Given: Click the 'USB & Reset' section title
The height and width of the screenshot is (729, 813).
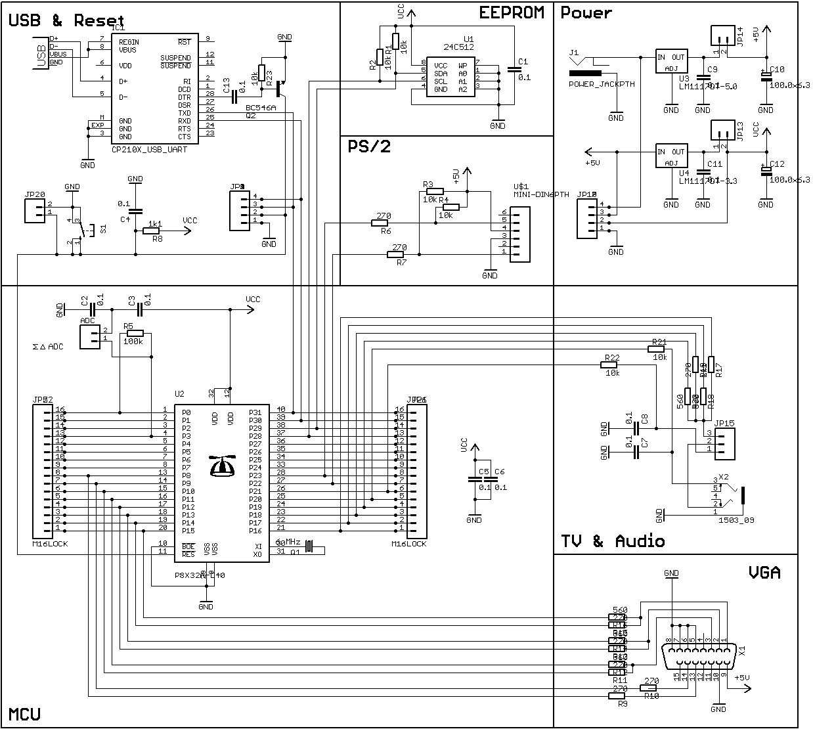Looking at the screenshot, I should (x=66, y=20).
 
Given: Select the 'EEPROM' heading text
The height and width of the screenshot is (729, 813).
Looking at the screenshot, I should (x=512, y=13).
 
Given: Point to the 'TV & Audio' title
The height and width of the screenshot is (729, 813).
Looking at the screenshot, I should (x=612, y=541).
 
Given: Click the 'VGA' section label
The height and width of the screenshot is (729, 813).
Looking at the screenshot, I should (x=764, y=573).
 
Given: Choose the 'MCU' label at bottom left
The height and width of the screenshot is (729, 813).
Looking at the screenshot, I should (x=25, y=714).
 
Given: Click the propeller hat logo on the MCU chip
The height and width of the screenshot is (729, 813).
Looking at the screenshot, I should (x=222, y=466).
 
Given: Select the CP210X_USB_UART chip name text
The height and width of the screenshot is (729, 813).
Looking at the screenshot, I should (x=149, y=150).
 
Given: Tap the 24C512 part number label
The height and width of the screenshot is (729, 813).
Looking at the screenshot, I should (x=458, y=47).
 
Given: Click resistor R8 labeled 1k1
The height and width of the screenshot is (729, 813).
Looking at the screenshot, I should (x=152, y=231).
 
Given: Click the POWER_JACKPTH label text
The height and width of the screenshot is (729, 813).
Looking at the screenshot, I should (x=601, y=84).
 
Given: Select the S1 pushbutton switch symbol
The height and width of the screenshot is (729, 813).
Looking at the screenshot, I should (x=81, y=230).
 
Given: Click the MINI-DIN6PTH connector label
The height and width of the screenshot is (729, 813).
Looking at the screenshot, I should (x=541, y=194).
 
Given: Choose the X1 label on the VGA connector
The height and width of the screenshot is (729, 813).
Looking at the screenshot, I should (x=742, y=651).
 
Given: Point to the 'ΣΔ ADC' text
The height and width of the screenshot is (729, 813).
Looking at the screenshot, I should (x=47, y=346).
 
